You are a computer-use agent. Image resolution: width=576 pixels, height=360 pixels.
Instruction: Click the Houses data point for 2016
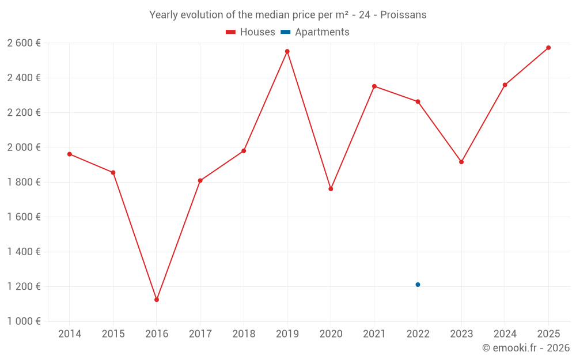[157, 300]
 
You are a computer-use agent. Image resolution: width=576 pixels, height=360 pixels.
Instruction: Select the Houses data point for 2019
[287, 51]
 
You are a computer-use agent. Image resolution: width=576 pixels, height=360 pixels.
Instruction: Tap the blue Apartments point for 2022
[418, 285]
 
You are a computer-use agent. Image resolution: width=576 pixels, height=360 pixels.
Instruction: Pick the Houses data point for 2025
[548, 48]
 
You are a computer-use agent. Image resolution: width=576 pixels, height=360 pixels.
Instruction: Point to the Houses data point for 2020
[331, 189]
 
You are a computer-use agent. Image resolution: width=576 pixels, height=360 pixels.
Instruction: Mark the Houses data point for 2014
[70, 154]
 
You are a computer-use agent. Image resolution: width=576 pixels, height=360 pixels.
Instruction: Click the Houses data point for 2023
[461, 162]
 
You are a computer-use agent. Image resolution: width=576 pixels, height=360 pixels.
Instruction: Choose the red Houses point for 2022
[418, 101]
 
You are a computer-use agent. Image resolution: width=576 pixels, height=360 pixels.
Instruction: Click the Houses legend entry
[251, 32]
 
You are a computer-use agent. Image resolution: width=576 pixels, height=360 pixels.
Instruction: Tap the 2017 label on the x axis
[200, 334]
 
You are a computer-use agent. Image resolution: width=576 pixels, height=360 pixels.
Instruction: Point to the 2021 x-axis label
[374, 334]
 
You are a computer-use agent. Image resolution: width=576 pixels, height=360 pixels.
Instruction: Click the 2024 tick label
[505, 334]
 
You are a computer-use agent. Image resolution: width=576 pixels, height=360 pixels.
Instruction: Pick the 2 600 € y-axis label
[24, 43]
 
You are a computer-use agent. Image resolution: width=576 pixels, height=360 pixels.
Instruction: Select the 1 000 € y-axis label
[24, 321]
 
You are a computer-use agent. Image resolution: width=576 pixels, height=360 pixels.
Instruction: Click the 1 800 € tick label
[24, 182]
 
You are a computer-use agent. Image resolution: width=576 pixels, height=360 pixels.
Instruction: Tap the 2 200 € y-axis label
[24, 112]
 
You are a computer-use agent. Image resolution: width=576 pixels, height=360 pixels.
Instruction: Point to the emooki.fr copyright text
[526, 348]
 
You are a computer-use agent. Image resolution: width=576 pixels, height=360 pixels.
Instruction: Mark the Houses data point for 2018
[244, 151]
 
